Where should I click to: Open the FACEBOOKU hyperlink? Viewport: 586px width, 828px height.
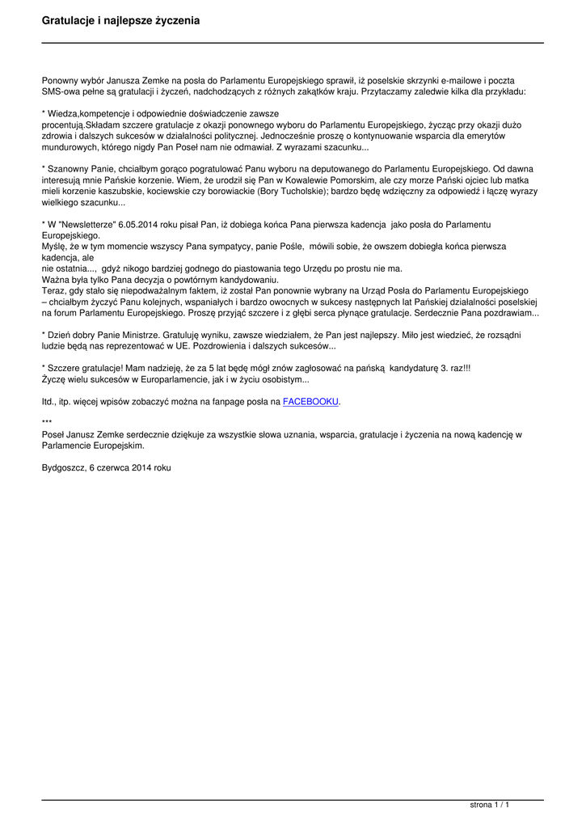tap(311, 401)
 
